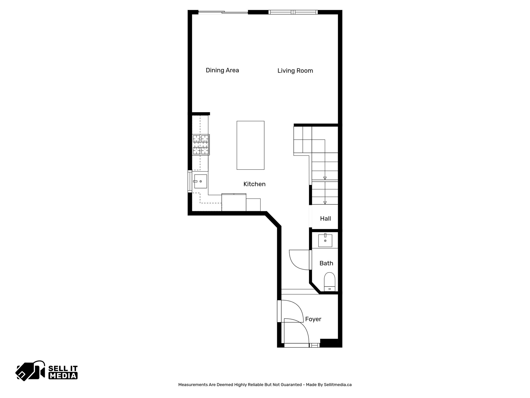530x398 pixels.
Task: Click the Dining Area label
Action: click(222, 70)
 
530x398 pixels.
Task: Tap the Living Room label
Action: click(295, 71)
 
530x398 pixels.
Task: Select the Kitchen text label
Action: click(254, 184)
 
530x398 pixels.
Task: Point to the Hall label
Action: click(325, 218)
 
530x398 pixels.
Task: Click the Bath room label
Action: click(326, 263)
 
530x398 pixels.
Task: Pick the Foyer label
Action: click(313, 319)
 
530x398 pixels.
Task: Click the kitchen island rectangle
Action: click(250, 145)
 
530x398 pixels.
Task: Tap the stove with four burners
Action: click(201, 145)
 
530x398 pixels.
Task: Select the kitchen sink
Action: click(200, 181)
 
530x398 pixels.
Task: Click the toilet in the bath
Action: click(329, 281)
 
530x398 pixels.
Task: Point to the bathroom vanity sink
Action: click(325, 240)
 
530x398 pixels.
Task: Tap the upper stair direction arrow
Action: click(325, 178)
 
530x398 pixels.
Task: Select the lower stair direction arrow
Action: click(325, 203)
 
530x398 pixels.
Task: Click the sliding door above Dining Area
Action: click(223, 12)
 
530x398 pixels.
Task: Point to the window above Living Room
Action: click(293, 12)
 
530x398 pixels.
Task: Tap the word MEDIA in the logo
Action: click(63, 375)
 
